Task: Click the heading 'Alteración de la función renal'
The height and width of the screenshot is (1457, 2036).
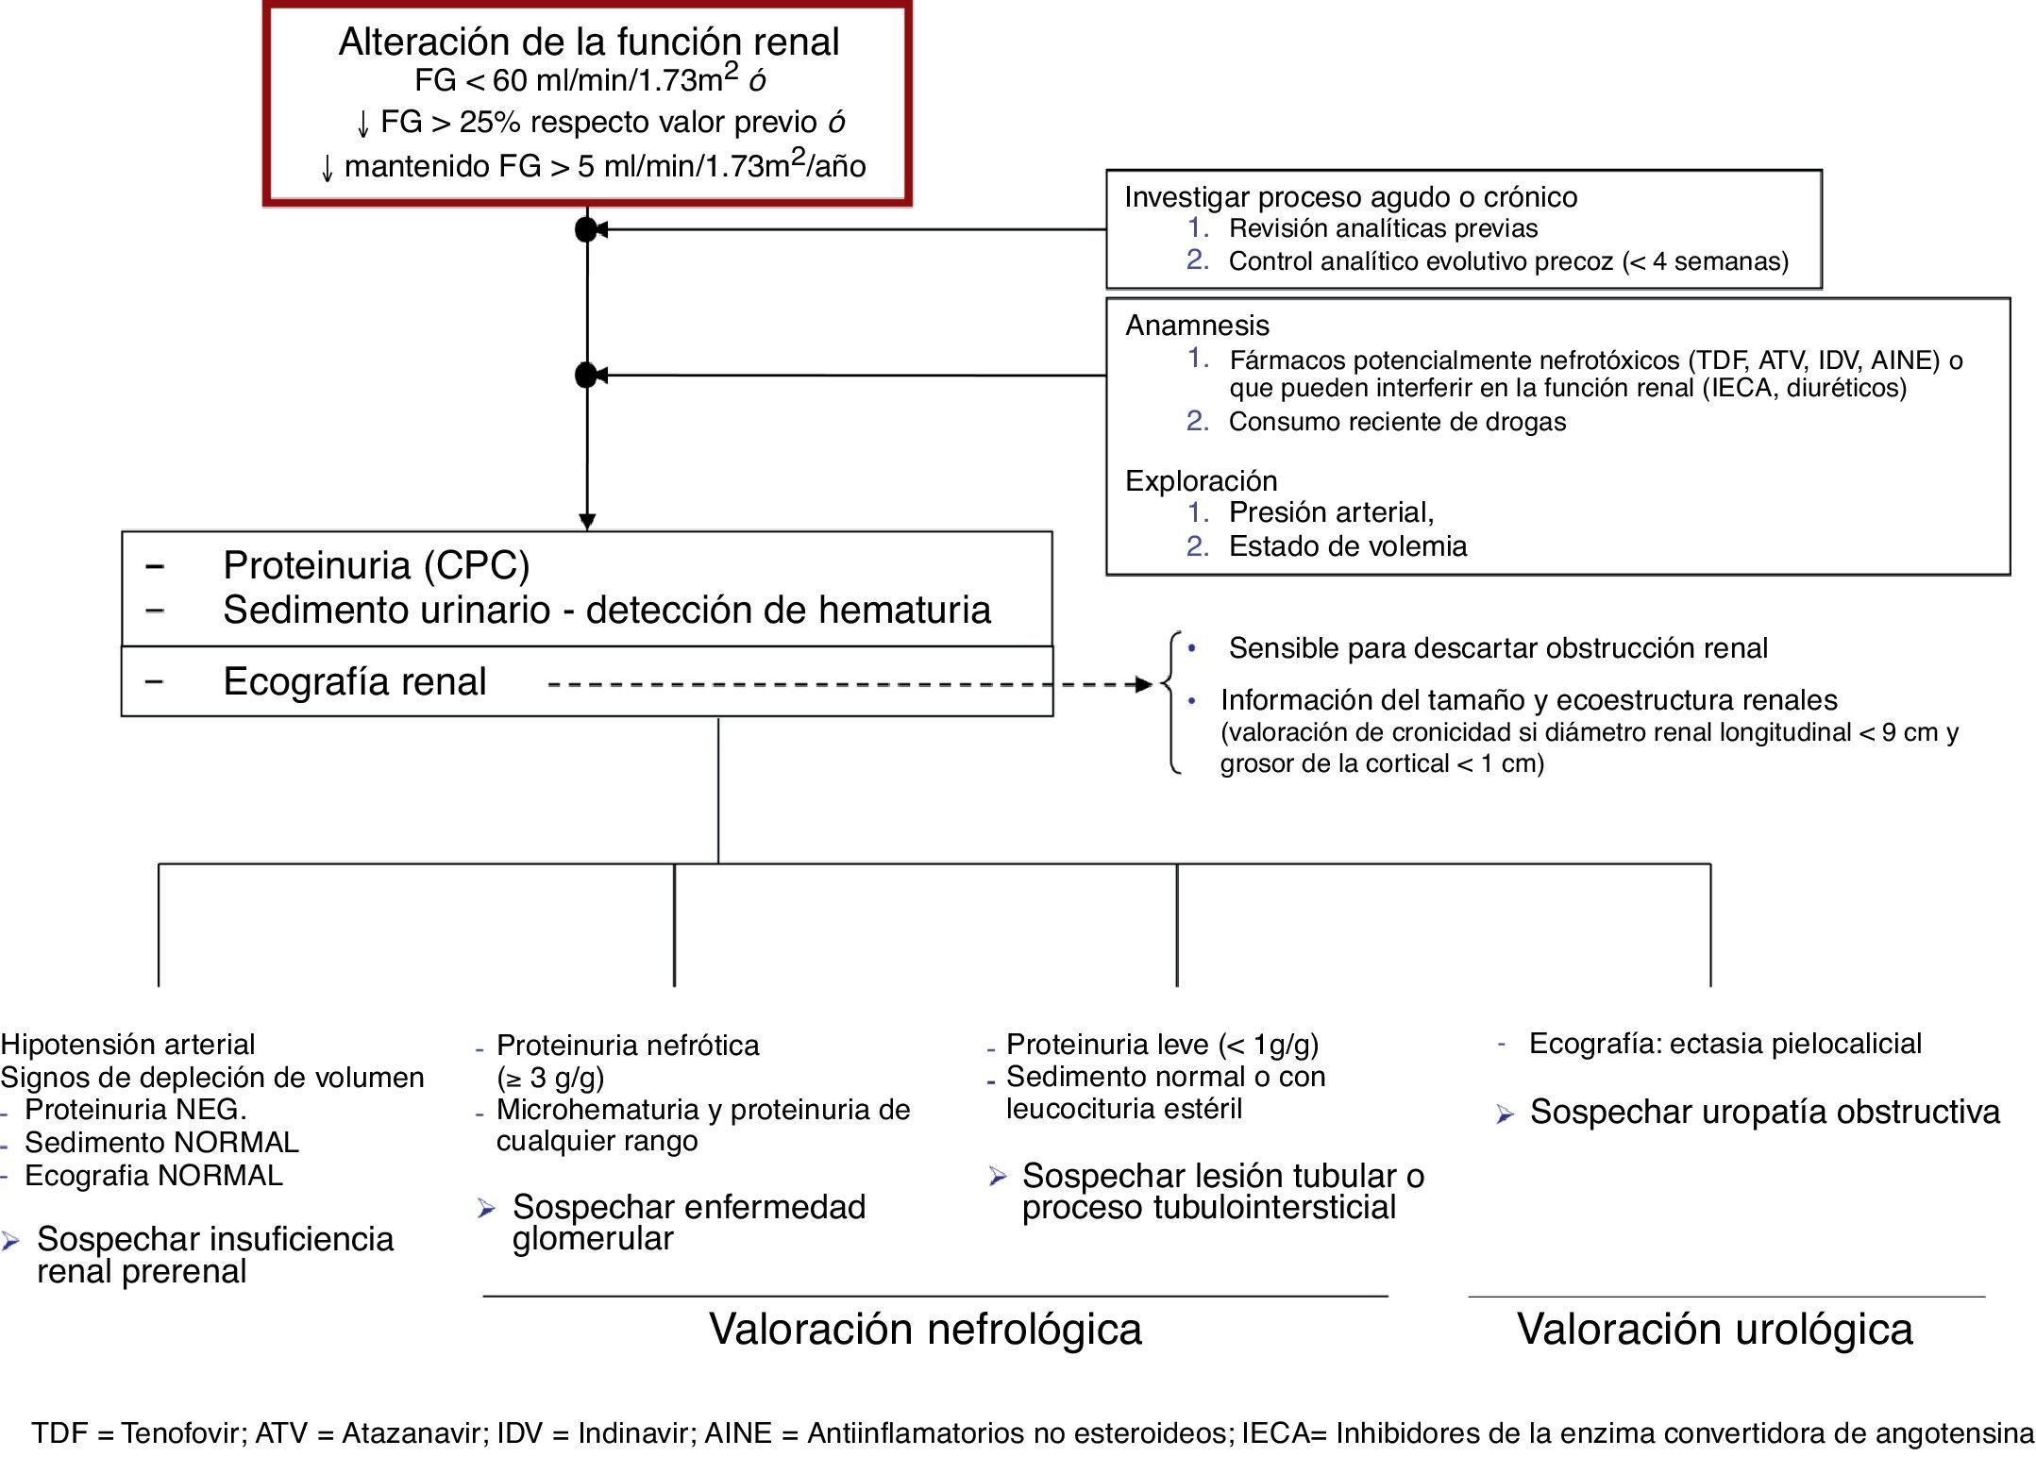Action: coord(588,42)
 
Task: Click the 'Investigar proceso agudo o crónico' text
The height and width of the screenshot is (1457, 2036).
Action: coord(1350,197)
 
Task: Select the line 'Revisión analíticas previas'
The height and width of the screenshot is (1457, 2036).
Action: coord(1383,228)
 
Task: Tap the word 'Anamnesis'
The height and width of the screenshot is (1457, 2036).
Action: coord(1197,326)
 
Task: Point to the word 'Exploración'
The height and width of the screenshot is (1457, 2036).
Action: coord(1201,481)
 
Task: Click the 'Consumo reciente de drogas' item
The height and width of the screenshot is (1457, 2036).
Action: coord(1397,422)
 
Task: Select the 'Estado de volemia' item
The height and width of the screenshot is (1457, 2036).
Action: coord(1347,546)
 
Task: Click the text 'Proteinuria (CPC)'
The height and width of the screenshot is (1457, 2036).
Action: coord(376,565)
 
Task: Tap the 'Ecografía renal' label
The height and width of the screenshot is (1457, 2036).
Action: coord(354,681)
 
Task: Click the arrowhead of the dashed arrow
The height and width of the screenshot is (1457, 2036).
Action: coord(1145,684)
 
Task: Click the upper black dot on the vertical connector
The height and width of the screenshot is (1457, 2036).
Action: coord(586,229)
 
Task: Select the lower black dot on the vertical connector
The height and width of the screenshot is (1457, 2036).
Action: coord(586,376)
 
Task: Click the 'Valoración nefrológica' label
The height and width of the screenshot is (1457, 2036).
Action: coord(925,1329)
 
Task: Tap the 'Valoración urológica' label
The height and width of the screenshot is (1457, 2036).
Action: coord(1714,1329)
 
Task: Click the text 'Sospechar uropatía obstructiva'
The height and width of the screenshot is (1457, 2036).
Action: coord(1764,1113)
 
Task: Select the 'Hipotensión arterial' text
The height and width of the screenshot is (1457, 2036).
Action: coord(127,1045)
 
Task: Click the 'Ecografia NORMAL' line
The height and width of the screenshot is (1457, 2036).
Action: coord(153,1176)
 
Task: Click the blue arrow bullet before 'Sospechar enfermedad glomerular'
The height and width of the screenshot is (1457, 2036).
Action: coord(486,1209)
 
